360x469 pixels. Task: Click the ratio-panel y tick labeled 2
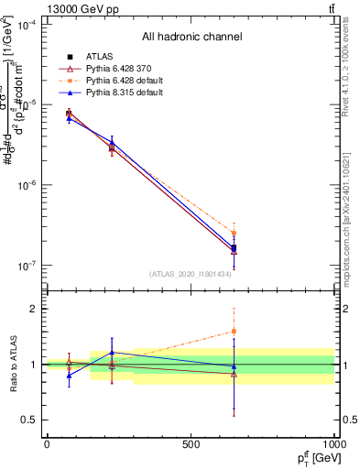point(33,309)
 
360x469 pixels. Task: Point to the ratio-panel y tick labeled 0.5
point(29,420)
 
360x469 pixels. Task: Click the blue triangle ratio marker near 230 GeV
point(112,352)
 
